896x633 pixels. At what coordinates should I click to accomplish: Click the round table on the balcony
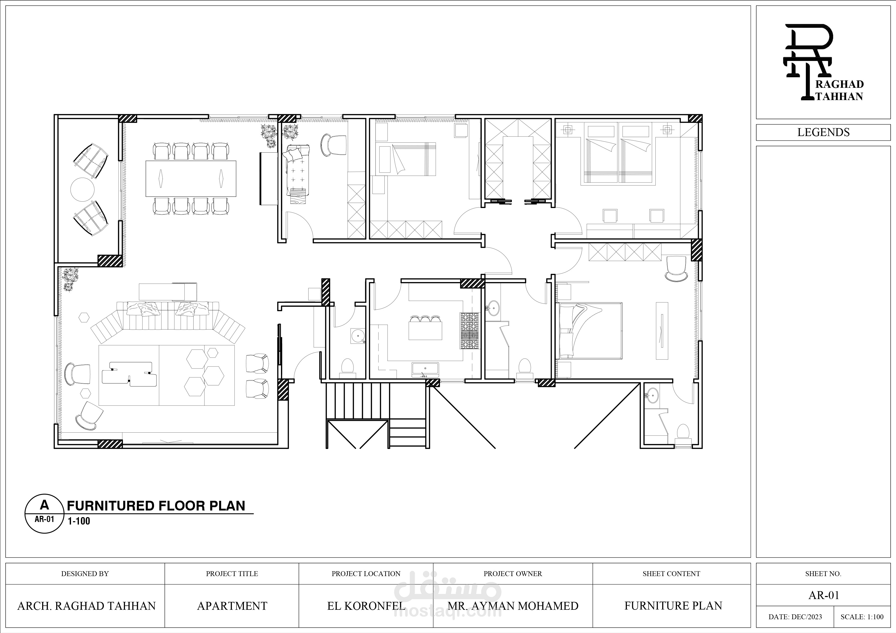point(82,190)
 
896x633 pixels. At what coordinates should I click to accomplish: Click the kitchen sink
point(425,369)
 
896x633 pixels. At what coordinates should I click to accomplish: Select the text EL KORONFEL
point(366,606)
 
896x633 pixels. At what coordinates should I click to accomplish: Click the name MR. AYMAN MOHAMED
point(513,606)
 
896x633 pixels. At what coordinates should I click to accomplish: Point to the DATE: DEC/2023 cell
point(795,617)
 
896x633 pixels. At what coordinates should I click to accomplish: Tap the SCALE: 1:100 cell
point(862,617)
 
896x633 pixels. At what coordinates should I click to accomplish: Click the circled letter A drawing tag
point(44,513)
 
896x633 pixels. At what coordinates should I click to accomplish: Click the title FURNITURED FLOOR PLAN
point(156,506)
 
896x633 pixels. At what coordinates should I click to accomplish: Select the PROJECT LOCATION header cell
point(366,574)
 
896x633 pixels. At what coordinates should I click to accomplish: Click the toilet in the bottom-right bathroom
point(683,433)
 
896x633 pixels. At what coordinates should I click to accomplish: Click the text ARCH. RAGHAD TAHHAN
point(86,606)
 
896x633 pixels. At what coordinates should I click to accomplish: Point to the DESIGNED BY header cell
point(85,574)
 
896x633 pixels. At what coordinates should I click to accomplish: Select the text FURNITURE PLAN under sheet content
point(673,606)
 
